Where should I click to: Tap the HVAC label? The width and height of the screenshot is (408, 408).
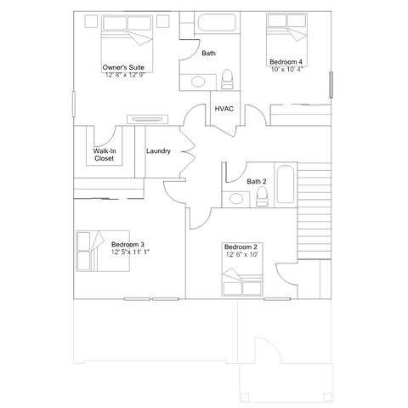pos(224,109)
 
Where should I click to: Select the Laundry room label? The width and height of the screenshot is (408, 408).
pos(158,151)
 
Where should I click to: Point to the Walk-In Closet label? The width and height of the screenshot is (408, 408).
pos(104,155)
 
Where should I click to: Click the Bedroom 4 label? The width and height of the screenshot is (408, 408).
pos(285,62)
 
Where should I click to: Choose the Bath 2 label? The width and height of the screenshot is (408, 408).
pos(257,181)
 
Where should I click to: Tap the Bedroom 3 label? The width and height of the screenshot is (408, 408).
pos(127,246)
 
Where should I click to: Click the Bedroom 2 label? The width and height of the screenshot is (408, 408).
pos(242,246)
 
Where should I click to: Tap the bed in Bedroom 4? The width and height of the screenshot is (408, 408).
pos(286,32)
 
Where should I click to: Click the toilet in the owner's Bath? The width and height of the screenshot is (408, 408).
pos(227,81)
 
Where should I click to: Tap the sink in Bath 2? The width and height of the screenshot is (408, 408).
pos(237,200)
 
